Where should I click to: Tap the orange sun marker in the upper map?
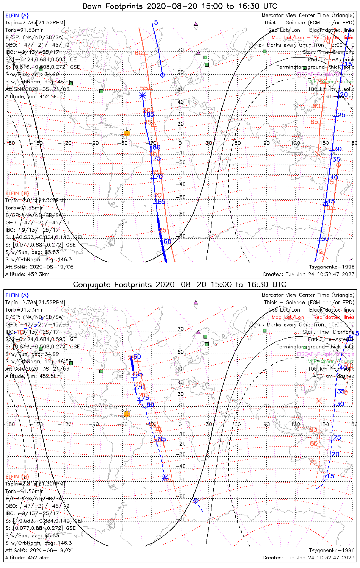(127, 133)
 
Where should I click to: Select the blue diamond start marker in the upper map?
(163, 75)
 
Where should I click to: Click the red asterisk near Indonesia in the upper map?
(318, 153)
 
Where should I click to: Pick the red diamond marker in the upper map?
(338, 165)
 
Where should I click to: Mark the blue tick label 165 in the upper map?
(161, 202)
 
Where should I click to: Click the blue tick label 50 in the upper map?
(325, 239)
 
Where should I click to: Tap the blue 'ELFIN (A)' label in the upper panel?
(17, 16)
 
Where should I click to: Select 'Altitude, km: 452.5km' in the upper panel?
(33, 97)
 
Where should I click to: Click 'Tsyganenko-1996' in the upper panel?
(332, 267)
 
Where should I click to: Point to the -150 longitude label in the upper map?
(38, 143)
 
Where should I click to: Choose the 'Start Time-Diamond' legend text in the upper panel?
(329, 52)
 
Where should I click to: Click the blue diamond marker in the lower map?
(196, 501)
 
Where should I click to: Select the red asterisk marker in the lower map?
(318, 401)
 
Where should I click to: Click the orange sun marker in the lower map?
(127, 414)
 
